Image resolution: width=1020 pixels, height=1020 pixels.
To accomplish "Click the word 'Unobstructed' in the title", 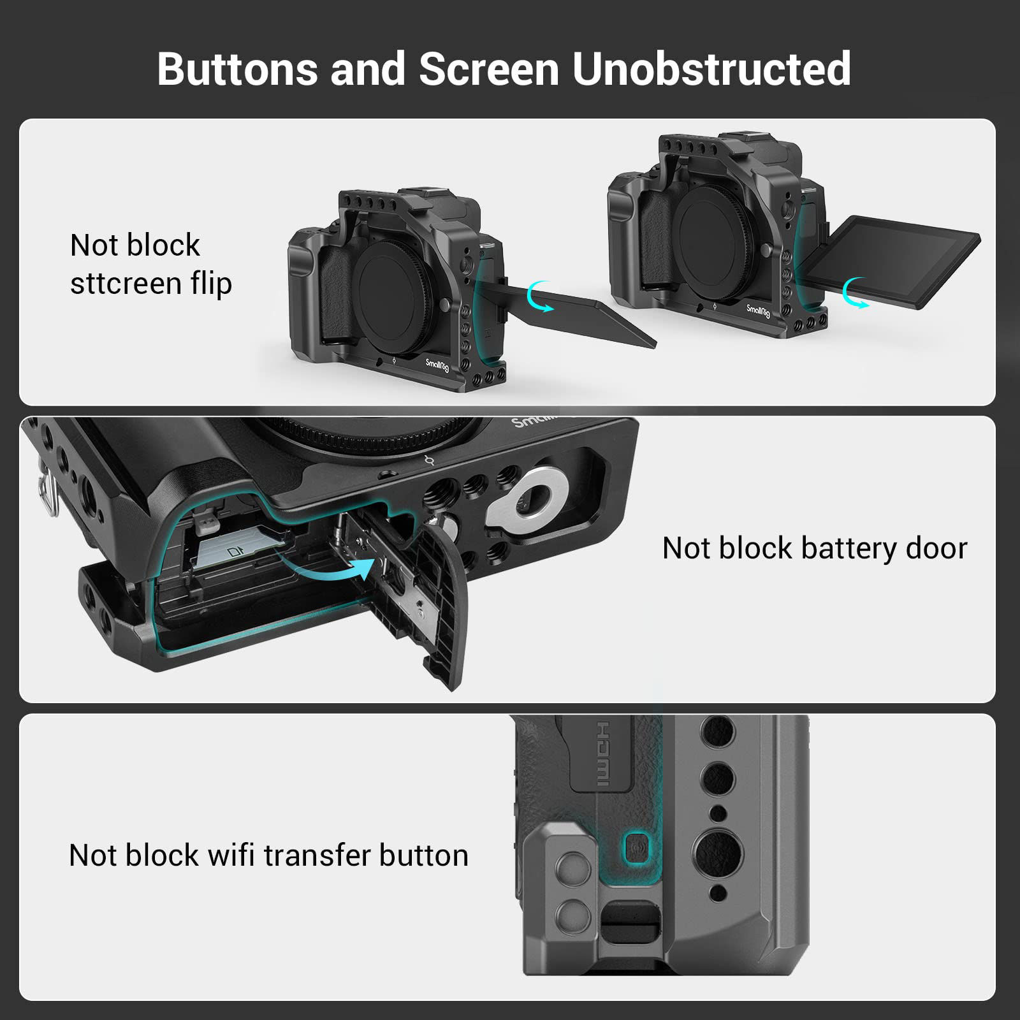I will tap(711, 69).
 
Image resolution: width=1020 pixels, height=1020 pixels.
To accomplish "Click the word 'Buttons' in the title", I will tap(237, 69).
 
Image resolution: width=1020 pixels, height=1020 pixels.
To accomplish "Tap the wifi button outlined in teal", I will tap(636, 848).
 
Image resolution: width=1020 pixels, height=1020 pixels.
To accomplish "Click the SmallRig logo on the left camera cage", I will tap(437, 365).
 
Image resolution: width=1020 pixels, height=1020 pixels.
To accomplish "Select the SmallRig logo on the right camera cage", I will tap(758, 310).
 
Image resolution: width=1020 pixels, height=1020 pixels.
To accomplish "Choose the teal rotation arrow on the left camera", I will tap(541, 297).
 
